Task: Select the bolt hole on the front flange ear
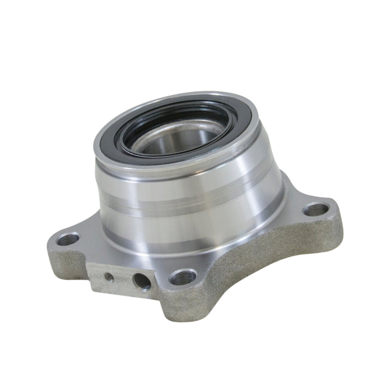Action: (x=184, y=277)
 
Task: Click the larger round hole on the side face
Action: (x=142, y=281)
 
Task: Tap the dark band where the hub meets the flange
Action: (x=191, y=247)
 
